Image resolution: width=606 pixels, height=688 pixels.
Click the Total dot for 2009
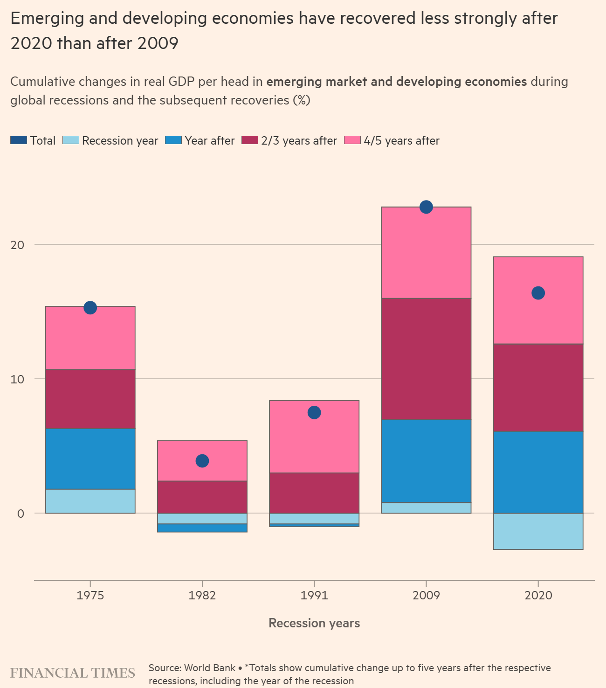click(426, 207)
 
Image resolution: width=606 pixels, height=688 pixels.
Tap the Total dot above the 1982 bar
click(202, 461)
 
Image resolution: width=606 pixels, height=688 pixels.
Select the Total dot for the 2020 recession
click(538, 293)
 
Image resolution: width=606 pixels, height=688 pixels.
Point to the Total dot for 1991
click(314, 412)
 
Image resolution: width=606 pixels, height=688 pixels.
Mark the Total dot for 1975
click(90, 308)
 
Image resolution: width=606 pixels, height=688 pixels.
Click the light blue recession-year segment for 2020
click(538, 531)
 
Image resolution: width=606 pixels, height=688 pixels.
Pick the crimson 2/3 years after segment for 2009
click(426, 359)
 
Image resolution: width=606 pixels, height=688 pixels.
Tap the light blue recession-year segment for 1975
click(90, 501)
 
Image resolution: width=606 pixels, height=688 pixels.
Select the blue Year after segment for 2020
click(538, 472)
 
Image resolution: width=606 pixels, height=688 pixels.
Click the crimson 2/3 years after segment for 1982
click(202, 497)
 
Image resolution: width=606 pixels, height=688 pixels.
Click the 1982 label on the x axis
click(202, 596)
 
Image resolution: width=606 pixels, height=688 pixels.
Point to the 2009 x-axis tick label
click(426, 596)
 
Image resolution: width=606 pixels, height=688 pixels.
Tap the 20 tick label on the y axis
click(17, 244)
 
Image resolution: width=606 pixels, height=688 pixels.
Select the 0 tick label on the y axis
click(21, 514)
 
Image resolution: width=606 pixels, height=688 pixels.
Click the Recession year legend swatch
click(71, 140)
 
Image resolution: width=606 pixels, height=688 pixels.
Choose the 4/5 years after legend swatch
click(352, 140)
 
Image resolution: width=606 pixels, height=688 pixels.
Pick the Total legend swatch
click(19, 140)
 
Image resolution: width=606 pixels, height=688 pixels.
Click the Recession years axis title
click(314, 623)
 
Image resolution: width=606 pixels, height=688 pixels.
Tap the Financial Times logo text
click(73, 673)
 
